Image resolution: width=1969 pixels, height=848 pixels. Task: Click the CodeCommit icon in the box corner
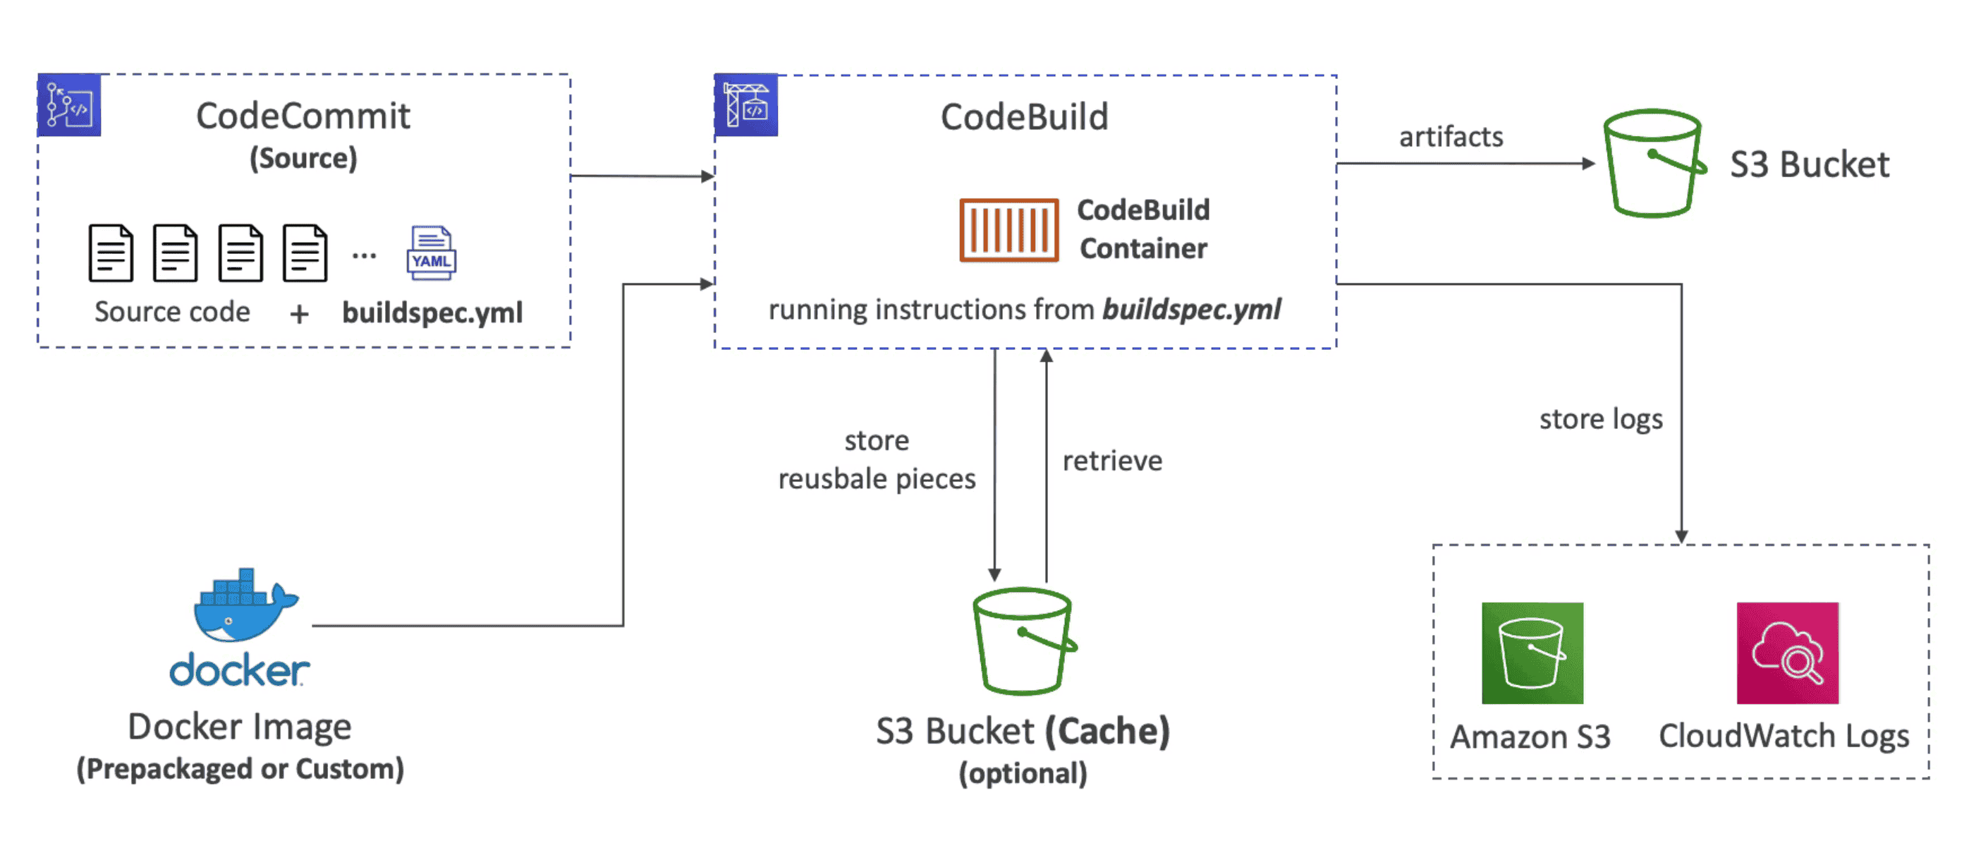click(x=69, y=104)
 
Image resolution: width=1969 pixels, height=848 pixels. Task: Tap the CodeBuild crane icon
click(x=746, y=104)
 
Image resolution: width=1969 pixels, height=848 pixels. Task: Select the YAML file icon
click(x=431, y=253)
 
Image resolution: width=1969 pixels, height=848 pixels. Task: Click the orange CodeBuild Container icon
click(x=1009, y=230)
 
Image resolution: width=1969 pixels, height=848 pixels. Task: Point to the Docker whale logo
click(x=243, y=605)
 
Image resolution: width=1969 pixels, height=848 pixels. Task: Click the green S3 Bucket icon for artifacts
click(x=1654, y=163)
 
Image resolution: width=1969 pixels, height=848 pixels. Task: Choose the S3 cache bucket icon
click(x=1023, y=641)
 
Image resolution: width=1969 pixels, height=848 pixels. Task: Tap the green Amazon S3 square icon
click(x=1532, y=653)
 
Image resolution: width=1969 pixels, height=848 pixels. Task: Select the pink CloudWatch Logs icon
click(x=1787, y=653)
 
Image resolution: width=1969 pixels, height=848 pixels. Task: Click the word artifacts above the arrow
click(x=1451, y=137)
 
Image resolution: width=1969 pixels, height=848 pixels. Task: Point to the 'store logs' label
click(x=1601, y=419)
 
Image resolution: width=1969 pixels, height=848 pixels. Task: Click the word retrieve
click(x=1112, y=461)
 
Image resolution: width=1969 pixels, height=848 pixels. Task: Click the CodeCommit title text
click(x=303, y=116)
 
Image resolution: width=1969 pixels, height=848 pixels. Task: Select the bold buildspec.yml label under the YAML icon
click(x=432, y=313)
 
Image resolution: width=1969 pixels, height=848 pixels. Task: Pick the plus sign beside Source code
click(x=300, y=313)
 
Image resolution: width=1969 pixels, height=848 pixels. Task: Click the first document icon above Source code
click(x=111, y=253)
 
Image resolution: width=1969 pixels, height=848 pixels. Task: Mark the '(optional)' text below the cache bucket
click(x=1023, y=773)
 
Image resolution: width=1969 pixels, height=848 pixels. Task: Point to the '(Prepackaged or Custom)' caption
click(x=240, y=768)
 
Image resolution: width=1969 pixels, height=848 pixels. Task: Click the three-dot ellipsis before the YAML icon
click(x=364, y=255)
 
